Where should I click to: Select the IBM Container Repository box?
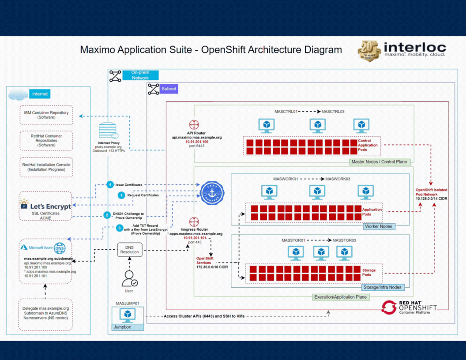[46, 115]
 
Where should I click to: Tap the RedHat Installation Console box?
[46, 167]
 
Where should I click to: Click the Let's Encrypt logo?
[45, 205]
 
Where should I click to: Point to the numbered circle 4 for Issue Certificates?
[110, 184]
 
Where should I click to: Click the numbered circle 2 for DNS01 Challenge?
[107, 215]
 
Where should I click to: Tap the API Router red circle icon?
[194, 125]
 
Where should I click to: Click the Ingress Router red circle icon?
[194, 221]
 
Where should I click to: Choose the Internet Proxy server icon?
[108, 131]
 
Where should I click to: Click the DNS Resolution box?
[130, 249]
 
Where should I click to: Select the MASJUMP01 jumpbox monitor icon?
[128, 315]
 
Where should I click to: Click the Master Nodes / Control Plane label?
[379, 162]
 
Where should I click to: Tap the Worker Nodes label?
[379, 226]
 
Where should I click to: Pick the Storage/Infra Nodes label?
[382, 287]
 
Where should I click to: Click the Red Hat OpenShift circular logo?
[389, 307]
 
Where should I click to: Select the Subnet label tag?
[169, 89]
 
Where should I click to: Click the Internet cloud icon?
[18, 94]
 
